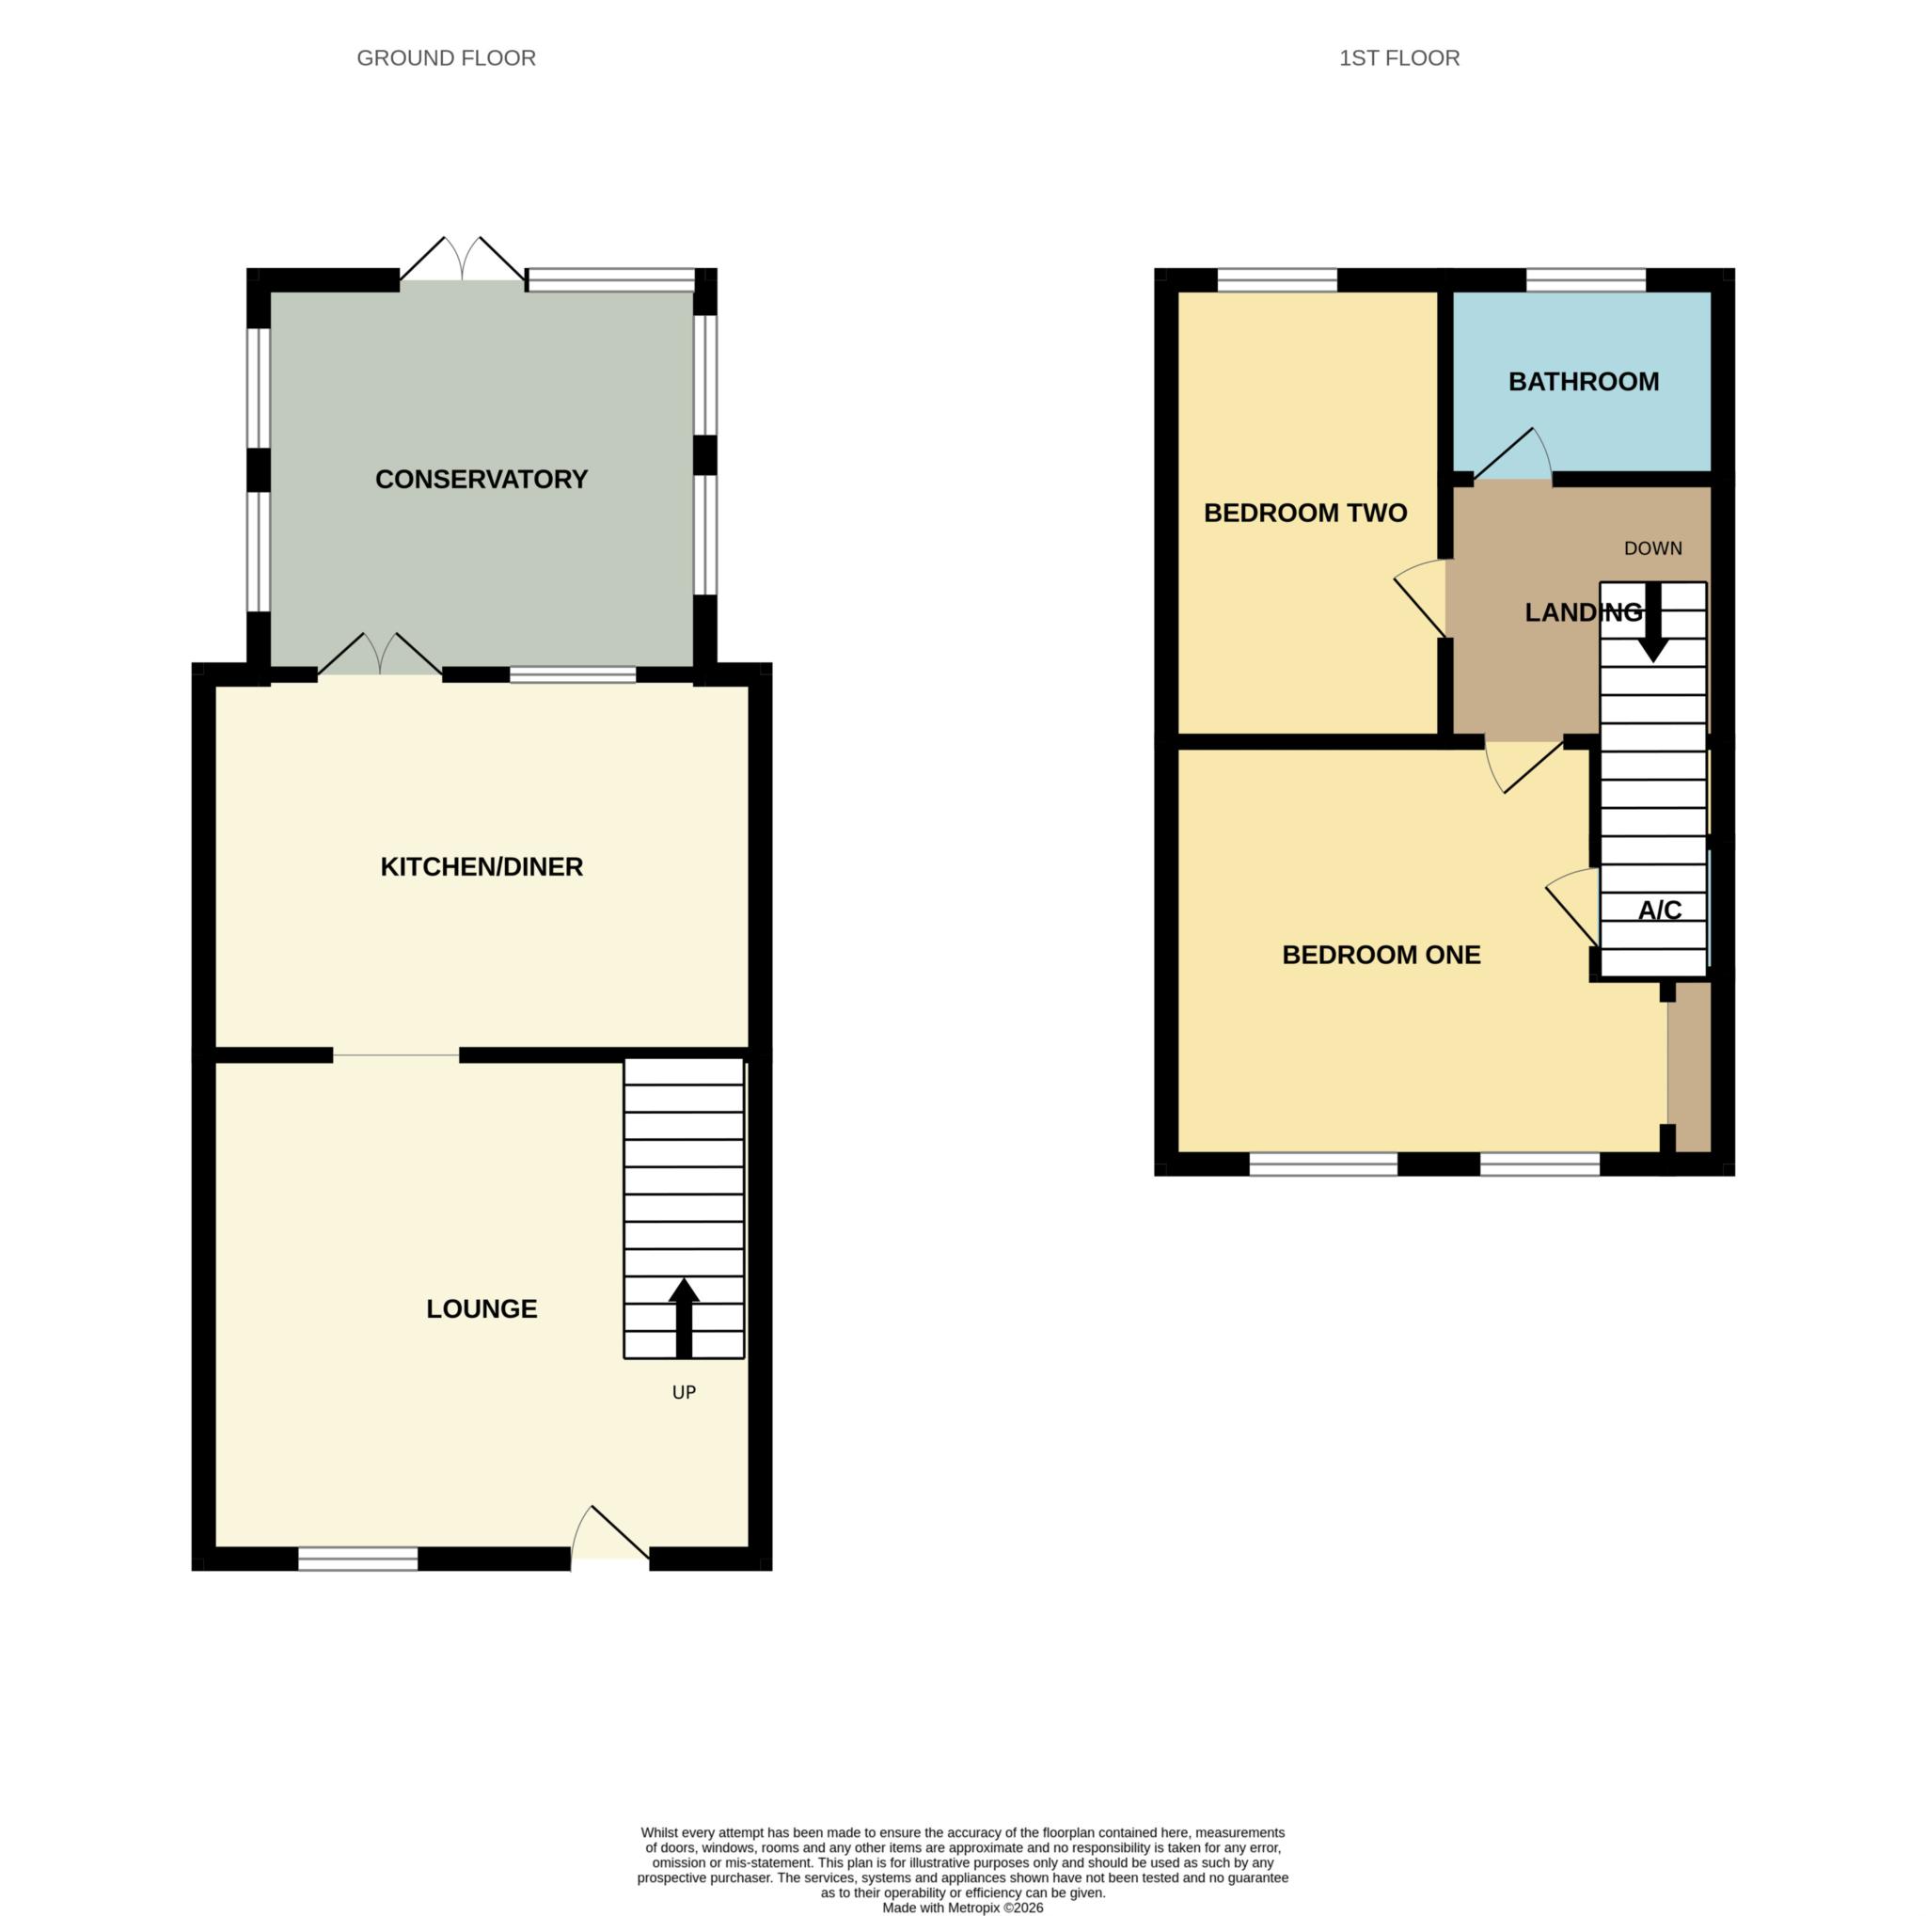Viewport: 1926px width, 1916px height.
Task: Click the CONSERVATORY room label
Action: [x=481, y=480]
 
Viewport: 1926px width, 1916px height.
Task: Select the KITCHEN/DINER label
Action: [x=481, y=866]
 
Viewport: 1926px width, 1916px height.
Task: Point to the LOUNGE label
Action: [x=481, y=1309]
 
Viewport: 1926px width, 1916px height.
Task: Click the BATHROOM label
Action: [x=1583, y=382]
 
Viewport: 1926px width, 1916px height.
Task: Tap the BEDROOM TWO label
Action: [x=1305, y=514]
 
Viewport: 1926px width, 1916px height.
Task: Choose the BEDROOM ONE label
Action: [x=1381, y=955]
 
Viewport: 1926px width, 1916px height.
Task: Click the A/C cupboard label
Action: [x=1659, y=910]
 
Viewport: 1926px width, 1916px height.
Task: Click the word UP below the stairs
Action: [x=684, y=1393]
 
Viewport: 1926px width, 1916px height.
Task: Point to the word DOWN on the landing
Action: [x=1653, y=548]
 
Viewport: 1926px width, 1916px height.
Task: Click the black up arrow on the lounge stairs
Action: [x=684, y=1316]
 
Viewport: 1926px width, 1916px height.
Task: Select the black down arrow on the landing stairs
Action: [x=1653, y=624]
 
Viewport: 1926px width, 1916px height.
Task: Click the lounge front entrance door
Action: [x=610, y=1535]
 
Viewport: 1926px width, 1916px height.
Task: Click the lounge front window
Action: [x=358, y=1559]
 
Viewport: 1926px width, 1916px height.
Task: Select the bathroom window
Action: [x=1585, y=280]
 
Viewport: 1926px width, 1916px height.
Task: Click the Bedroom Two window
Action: [x=1276, y=280]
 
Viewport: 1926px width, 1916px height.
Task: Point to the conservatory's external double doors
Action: [x=463, y=261]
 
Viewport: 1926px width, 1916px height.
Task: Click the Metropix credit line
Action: [x=962, y=1907]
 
